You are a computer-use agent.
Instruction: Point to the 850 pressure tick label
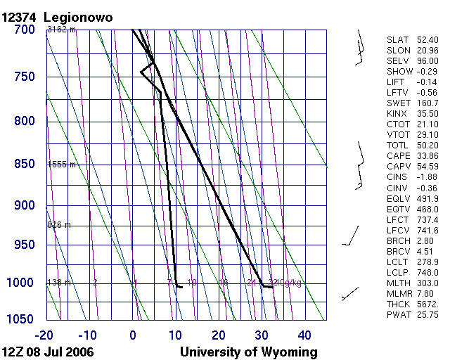[x=25, y=164]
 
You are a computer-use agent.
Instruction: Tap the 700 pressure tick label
[x=25, y=30]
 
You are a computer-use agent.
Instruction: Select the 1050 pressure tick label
[x=21, y=319]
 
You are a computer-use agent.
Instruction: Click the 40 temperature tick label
[x=304, y=335]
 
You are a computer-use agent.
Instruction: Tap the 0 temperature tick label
[x=134, y=335]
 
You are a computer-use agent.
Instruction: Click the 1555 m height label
[x=61, y=164]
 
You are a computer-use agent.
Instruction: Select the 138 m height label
[x=60, y=283]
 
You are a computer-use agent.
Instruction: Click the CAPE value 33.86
[x=427, y=155]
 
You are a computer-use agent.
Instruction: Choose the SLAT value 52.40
[x=427, y=40]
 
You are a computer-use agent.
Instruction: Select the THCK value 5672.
[x=427, y=304]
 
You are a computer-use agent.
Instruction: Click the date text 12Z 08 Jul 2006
[x=48, y=352]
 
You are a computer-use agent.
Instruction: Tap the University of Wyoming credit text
[x=249, y=352]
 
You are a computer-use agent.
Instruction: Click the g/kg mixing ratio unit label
[x=291, y=283]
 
